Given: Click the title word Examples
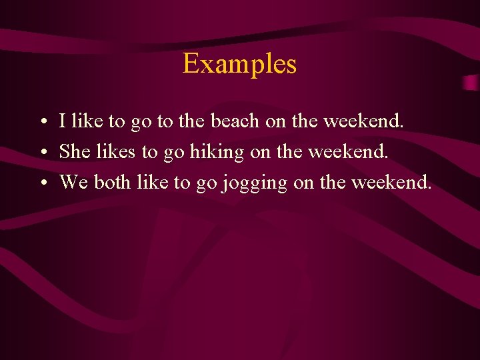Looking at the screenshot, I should point(239,65).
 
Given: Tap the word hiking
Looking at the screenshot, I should point(217,152).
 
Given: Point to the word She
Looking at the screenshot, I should point(75,151).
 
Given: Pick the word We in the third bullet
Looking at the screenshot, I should point(73,182).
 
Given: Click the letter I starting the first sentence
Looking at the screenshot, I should point(62,121).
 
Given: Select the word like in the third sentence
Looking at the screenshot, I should point(151,182).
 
